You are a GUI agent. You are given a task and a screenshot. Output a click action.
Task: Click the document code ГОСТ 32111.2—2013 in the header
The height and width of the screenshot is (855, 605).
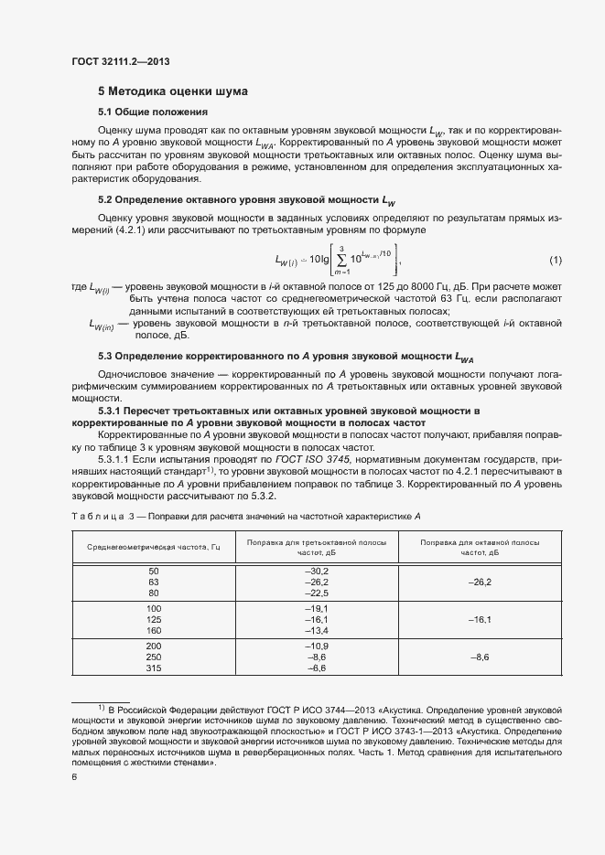(x=121, y=61)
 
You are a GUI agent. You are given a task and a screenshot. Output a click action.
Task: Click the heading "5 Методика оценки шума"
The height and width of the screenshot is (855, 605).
(x=172, y=91)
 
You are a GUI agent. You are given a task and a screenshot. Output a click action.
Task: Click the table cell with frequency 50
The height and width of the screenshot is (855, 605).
(x=153, y=571)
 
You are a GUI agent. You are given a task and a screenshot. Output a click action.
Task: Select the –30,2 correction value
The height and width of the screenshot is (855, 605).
(x=317, y=571)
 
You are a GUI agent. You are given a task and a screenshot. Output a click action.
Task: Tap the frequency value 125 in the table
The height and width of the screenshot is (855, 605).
(x=153, y=619)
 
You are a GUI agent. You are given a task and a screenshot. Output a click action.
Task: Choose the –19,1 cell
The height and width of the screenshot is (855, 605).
(x=317, y=608)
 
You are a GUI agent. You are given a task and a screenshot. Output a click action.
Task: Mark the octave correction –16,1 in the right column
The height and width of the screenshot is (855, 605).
(x=480, y=619)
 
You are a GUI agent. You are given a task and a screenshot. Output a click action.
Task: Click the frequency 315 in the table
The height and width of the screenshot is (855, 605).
(x=153, y=668)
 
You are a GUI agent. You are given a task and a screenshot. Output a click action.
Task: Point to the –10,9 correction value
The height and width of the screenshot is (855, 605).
(x=317, y=647)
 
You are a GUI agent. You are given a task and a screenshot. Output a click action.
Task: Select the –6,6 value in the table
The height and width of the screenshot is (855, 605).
(x=317, y=668)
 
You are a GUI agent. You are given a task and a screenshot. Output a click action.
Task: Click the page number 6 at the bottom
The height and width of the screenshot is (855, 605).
(x=74, y=777)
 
